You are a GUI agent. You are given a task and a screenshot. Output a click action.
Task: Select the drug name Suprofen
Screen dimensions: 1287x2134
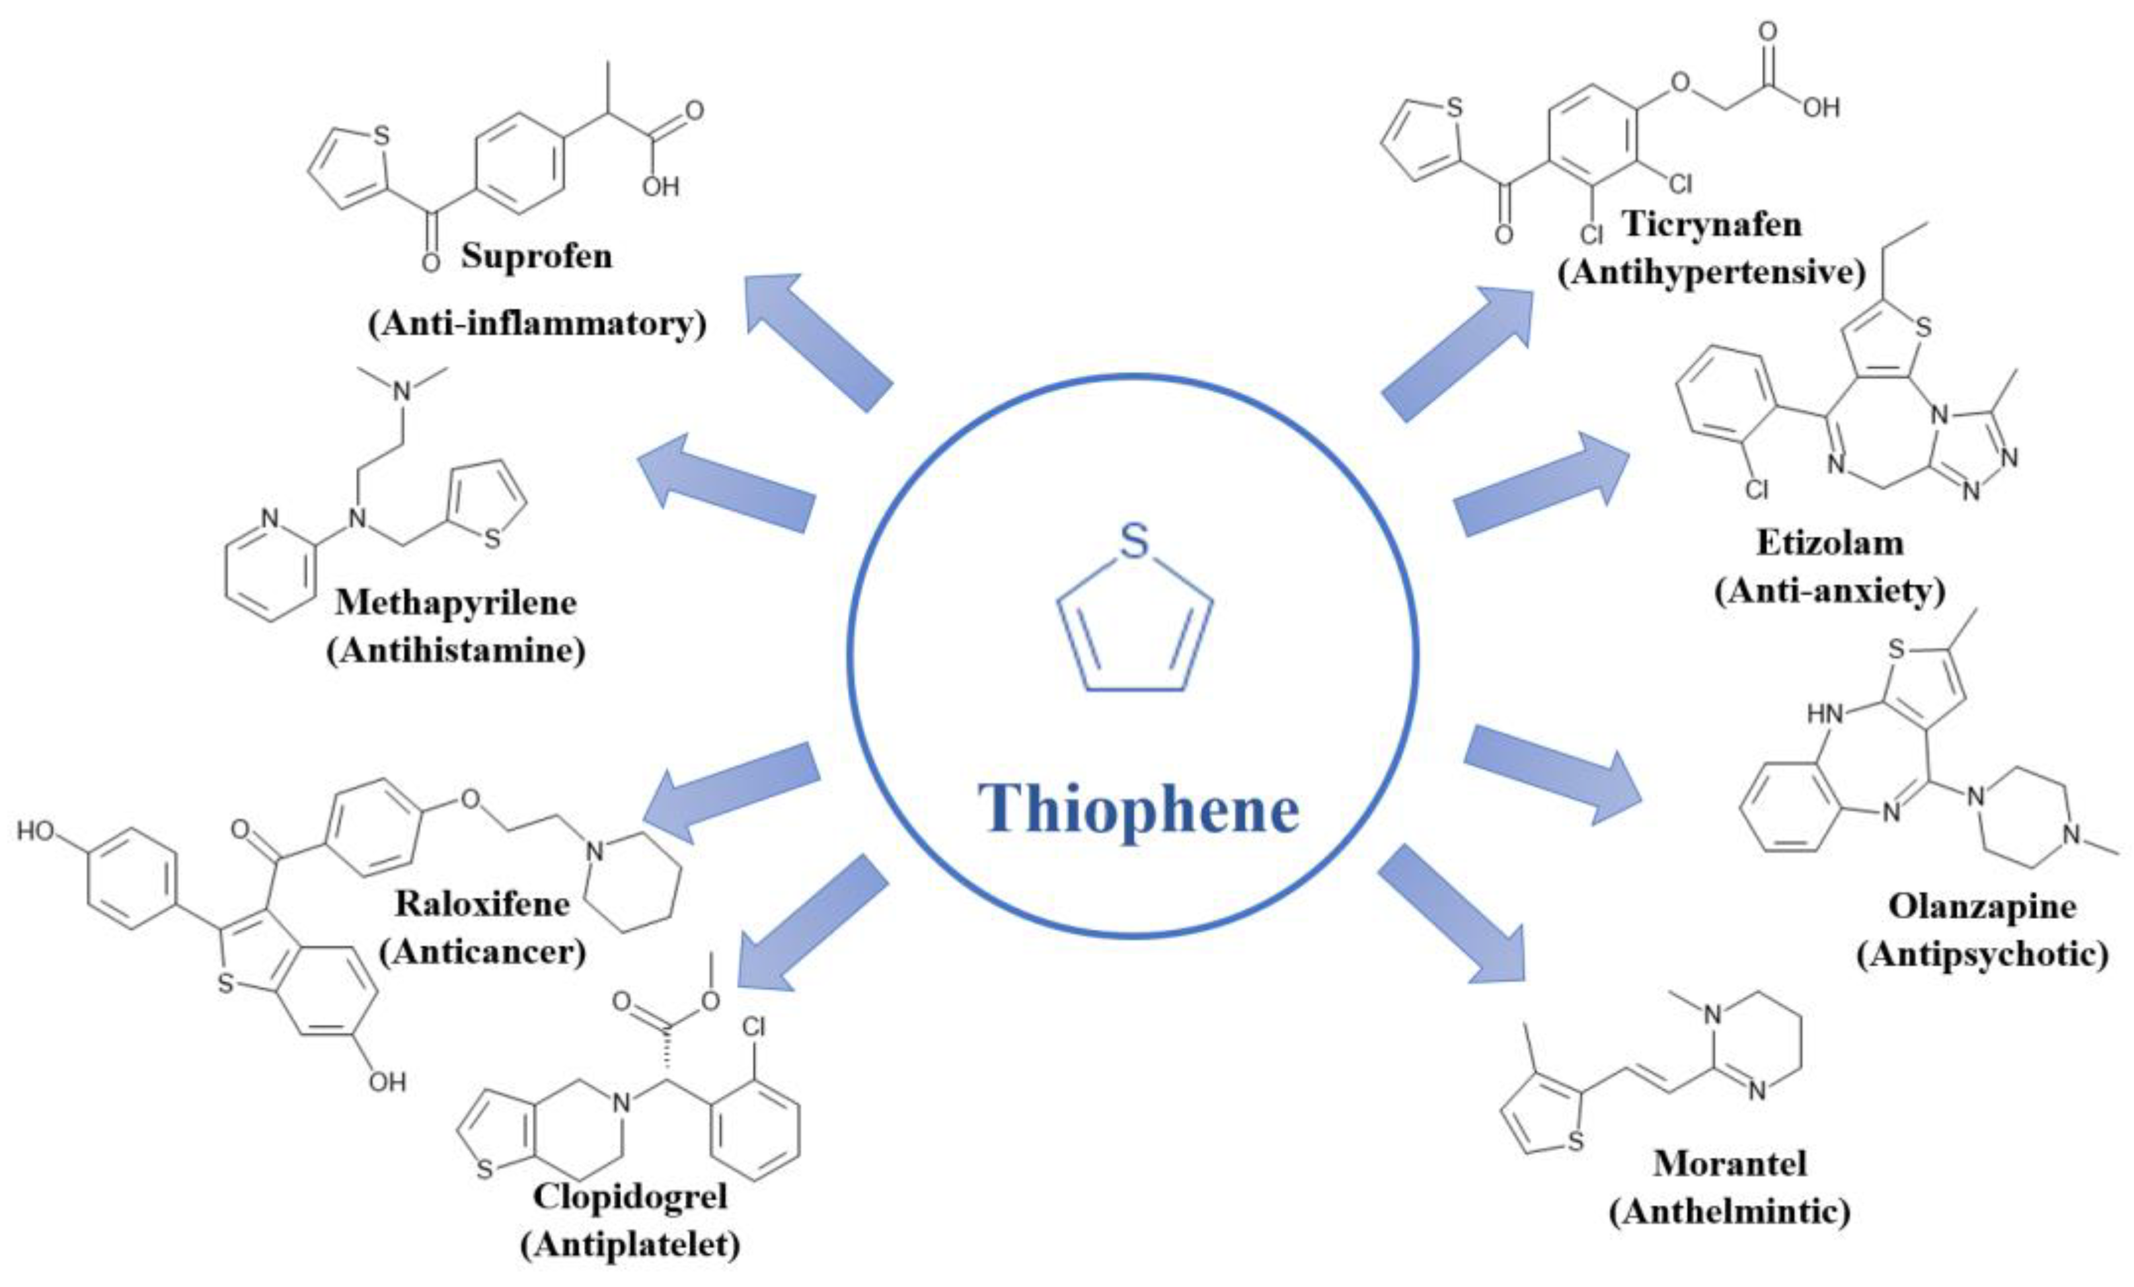536,256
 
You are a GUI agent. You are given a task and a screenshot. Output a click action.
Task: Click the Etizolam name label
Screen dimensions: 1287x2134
1829,543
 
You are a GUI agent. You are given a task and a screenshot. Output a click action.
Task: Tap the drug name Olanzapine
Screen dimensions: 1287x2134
1981,906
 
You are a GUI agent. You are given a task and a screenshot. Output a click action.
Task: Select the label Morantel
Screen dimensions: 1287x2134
1730,1163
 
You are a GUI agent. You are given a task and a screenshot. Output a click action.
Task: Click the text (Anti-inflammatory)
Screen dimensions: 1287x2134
537,324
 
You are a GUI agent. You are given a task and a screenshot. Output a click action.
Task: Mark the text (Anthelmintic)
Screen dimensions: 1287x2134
1730,1211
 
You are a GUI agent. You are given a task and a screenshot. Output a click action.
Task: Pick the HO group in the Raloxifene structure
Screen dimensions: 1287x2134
36,831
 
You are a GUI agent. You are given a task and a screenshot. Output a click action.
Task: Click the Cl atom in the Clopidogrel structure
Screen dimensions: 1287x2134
753,1027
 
